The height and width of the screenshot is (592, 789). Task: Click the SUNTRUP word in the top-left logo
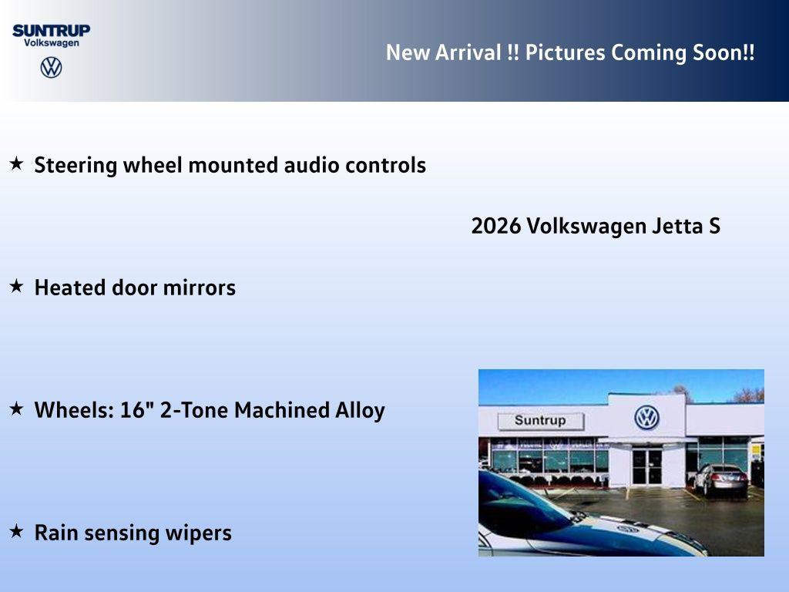click(51, 30)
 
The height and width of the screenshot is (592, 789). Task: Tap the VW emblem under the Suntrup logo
click(51, 67)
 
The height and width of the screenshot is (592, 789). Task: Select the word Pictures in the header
click(566, 52)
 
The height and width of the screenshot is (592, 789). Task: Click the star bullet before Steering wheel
click(16, 163)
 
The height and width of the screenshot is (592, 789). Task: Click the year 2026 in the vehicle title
click(496, 227)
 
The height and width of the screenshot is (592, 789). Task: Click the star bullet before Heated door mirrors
click(16, 286)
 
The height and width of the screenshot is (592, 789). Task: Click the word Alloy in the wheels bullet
click(359, 410)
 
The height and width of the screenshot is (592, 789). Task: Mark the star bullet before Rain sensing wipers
click(16, 531)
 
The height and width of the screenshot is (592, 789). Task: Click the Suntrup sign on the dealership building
click(540, 421)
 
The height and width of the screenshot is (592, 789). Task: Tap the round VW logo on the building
click(646, 418)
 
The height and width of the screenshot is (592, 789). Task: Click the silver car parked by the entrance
click(720, 479)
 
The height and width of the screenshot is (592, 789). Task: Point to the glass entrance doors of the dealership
click(646, 466)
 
